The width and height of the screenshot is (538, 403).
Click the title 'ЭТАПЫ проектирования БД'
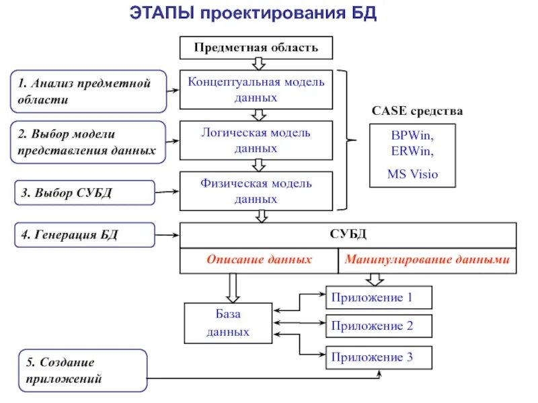click(252, 14)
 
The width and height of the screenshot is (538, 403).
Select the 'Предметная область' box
click(256, 48)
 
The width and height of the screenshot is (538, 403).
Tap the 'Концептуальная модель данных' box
click(256, 89)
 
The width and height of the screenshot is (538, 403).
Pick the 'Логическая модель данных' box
click(256, 140)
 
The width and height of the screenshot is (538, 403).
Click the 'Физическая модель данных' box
click(256, 191)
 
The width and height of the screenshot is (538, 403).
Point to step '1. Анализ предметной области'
click(89, 91)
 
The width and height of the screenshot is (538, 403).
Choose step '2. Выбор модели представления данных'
click(89, 142)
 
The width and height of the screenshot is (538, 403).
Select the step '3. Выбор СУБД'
click(83, 193)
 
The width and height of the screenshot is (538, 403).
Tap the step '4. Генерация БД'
click(83, 234)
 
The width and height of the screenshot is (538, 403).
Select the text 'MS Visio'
click(412, 175)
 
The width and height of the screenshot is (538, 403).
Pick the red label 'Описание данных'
click(259, 259)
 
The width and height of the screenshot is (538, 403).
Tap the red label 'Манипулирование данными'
click(427, 259)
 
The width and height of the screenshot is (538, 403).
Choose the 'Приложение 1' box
click(379, 297)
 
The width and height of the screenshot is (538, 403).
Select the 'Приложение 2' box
click(379, 326)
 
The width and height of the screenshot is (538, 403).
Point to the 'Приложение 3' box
click(379, 357)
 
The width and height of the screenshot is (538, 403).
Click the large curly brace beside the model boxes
click(347, 140)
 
